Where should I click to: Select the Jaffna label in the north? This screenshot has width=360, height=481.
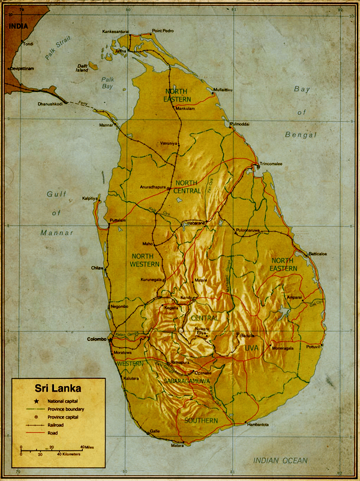(121, 51)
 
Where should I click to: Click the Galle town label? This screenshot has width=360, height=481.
(155, 431)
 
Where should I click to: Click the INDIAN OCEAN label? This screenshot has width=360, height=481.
(280, 461)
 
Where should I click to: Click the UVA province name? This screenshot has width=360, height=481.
(250, 348)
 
